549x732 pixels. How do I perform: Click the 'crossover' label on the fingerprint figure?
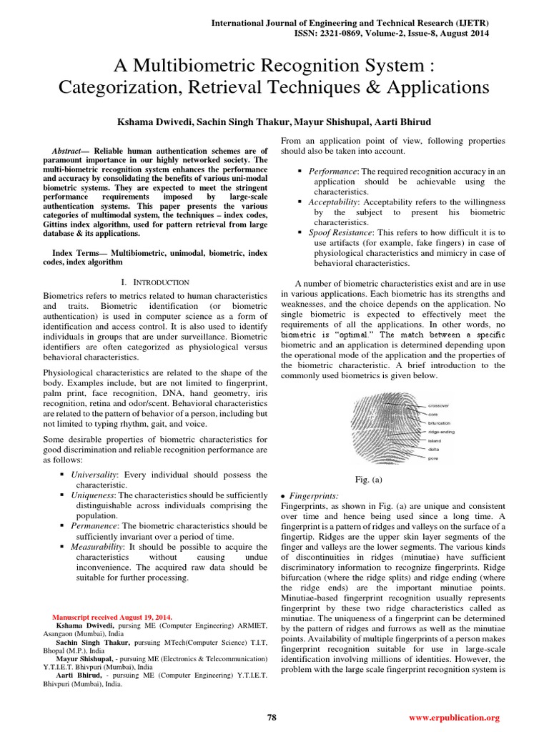[439, 405]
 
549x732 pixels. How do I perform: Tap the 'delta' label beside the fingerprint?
[433, 450]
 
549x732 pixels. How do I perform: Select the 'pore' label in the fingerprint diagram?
[433, 459]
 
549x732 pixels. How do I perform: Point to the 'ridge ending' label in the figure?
[441, 432]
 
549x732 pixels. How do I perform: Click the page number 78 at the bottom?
[272, 717]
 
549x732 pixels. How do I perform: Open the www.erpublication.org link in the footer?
[454, 717]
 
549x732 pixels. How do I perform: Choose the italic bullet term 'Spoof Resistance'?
[332, 233]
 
